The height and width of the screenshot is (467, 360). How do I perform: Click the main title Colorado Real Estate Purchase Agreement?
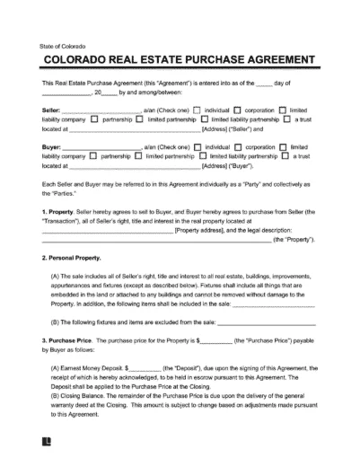tap(179, 62)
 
